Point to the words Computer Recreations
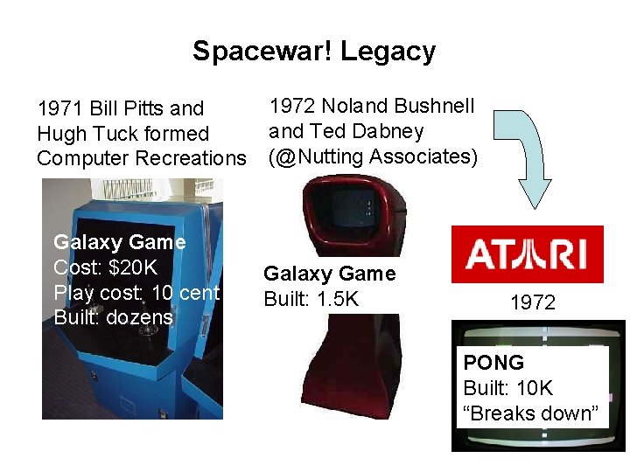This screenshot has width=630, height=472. coord(141,158)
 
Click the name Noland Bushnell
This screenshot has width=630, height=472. coord(398,107)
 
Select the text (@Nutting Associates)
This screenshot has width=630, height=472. coord(374,156)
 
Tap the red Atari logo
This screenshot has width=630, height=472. coord(527,254)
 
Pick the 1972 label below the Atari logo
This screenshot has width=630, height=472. coord(533,302)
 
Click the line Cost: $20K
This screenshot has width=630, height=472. coord(106,267)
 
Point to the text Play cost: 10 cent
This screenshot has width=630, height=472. coord(136,293)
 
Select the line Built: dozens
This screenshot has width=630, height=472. coord(114,317)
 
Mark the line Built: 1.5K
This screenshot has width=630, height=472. coord(311,299)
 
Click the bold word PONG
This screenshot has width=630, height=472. coord(493,363)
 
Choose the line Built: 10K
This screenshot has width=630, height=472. coord(508,388)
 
